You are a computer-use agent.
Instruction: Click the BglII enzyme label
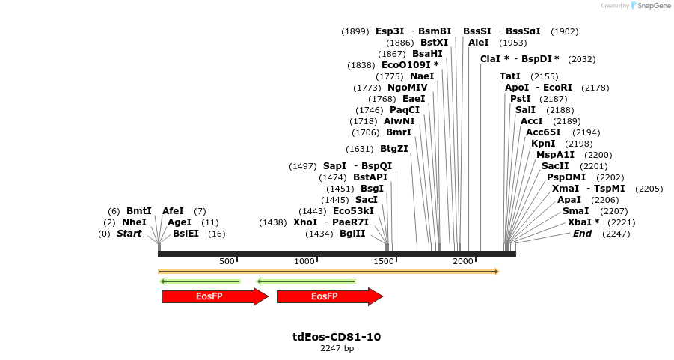click(x=352, y=234)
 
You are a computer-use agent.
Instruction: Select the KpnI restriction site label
click(x=543, y=143)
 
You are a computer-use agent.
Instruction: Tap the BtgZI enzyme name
click(x=394, y=148)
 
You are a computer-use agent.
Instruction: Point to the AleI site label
click(x=479, y=43)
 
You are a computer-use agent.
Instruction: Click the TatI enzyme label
click(x=510, y=76)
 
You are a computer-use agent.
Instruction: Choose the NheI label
click(x=134, y=222)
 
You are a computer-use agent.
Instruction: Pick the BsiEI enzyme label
click(x=186, y=234)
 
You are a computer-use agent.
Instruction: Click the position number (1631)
click(x=360, y=149)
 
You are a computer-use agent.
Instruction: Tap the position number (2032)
click(x=582, y=59)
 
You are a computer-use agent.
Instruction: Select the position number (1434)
click(x=319, y=234)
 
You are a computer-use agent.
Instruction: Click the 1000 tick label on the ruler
click(x=304, y=261)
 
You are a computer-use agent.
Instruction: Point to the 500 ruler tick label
click(x=227, y=261)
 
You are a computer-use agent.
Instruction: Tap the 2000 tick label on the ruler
click(x=463, y=261)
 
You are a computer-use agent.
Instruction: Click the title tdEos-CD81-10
click(x=337, y=337)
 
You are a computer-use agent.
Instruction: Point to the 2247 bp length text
click(x=337, y=349)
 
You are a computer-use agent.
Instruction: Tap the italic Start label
click(x=129, y=234)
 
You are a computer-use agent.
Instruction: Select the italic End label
click(x=582, y=234)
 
